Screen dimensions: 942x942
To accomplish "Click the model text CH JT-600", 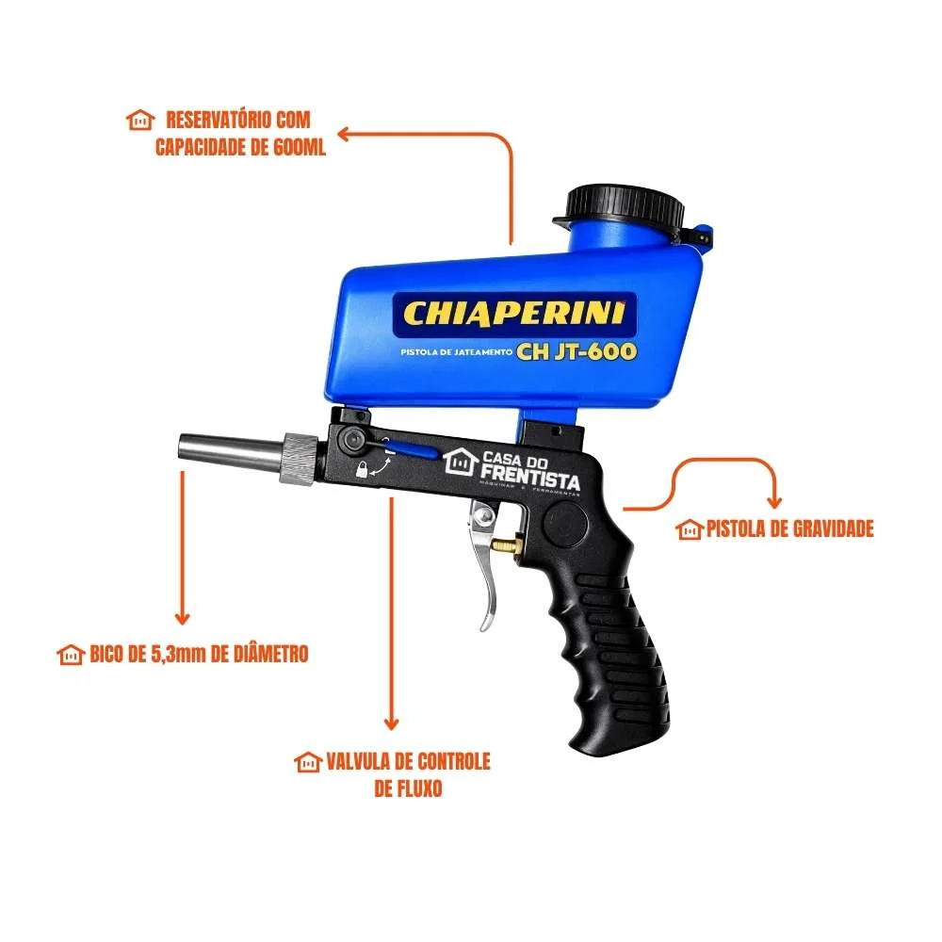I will (x=577, y=351).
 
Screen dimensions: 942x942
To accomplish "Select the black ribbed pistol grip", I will (x=612, y=641).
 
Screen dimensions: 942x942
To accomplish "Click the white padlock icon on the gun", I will (x=361, y=470).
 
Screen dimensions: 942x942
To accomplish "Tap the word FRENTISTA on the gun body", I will (x=531, y=480).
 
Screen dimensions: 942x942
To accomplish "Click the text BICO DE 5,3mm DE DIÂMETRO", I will (x=199, y=653).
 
